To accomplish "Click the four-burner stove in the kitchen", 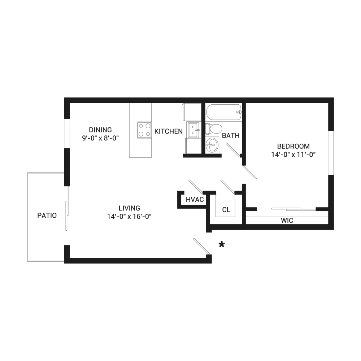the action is (x=144, y=130).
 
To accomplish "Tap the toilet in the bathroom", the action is (x=214, y=129).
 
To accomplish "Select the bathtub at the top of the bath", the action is (x=223, y=112).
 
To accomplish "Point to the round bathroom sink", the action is (x=212, y=145).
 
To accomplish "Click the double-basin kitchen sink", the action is (x=193, y=130).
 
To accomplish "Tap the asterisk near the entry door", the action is (x=222, y=245).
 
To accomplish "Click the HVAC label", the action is (x=195, y=200).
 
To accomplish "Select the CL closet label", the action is (x=226, y=210).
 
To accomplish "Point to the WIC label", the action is (x=287, y=221).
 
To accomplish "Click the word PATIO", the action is (x=47, y=216).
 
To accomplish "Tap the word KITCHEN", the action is (x=169, y=131).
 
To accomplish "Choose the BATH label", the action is (x=231, y=136).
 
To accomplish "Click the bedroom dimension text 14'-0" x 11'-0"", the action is (x=293, y=155).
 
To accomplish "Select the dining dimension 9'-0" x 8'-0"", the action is (x=100, y=138).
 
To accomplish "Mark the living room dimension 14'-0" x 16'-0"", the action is (x=129, y=217).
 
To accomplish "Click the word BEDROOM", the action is (x=293, y=147).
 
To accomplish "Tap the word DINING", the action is (x=100, y=130).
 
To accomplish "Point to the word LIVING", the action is (x=129, y=208).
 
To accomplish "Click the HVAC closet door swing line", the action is (x=196, y=187).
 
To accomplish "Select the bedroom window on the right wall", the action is (x=331, y=153).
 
